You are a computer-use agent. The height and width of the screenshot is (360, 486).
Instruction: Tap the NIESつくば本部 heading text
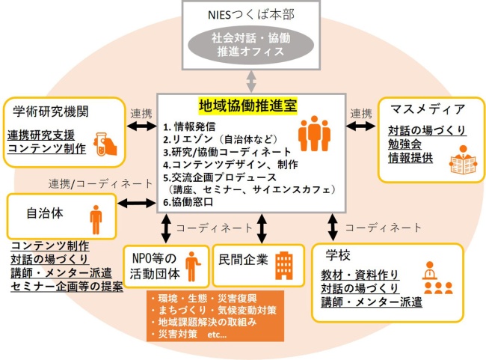244,14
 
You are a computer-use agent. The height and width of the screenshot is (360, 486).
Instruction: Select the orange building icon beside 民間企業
284,263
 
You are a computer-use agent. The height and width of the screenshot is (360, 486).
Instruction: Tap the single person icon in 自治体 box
95,217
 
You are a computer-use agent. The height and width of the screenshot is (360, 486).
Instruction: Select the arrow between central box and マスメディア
361,128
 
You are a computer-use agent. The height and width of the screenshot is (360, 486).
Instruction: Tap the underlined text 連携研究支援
44,135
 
